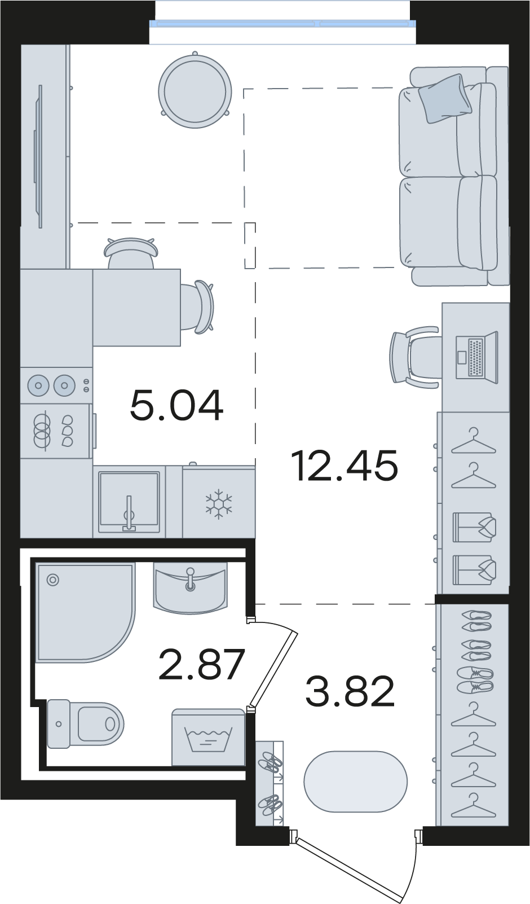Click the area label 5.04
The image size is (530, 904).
click(176, 405)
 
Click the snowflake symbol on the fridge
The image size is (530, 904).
click(218, 504)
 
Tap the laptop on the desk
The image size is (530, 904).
click(477, 357)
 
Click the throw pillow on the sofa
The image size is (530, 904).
click(444, 98)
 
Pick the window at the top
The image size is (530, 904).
click(282, 23)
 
